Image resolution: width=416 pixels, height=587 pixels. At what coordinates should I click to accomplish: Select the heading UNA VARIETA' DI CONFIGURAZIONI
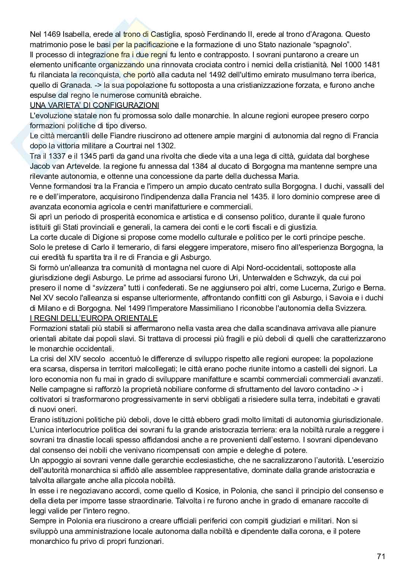[94, 105]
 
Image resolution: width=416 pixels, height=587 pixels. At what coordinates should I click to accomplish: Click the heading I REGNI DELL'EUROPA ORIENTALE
[94, 318]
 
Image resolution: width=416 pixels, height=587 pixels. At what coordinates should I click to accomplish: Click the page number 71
[381, 557]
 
